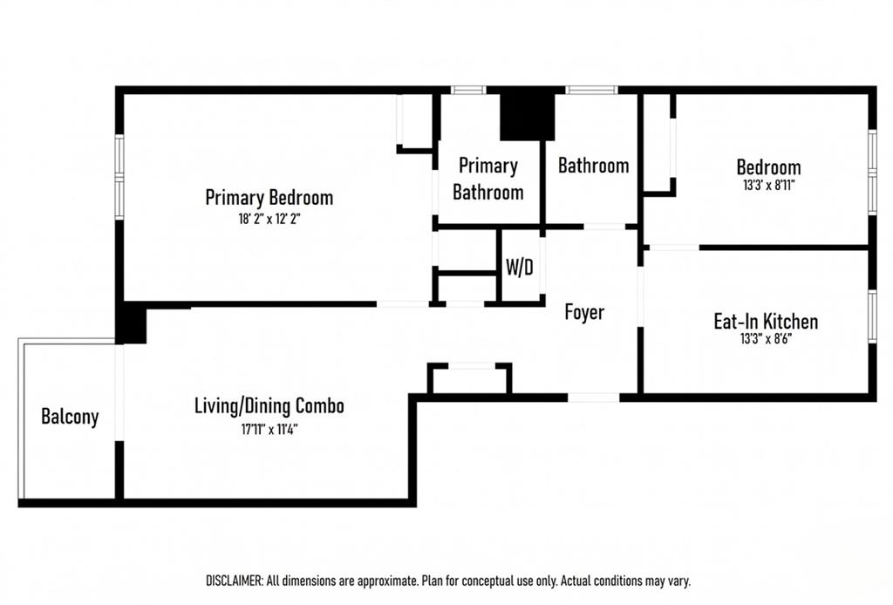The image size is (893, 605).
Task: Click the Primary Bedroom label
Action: point(269,198)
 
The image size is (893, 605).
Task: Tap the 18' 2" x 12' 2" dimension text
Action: point(269,219)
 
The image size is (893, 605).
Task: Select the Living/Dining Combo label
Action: point(269,405)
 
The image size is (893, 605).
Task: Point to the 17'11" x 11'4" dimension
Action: point(269,429)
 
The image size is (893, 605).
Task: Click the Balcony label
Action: point(70,417)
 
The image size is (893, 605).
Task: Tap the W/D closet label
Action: point(520,267)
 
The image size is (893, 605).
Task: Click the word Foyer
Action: point(584,312)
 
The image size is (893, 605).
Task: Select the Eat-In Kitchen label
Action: point(766,322)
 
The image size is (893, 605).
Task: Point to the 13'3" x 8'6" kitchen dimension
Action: point(766,339)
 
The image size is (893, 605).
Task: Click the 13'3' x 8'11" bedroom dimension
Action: point(769,185)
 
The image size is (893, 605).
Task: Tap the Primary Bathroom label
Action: point(488,179)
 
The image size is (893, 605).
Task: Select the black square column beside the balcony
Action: point(131,323)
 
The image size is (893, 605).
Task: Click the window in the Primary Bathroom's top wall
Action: point(468,90)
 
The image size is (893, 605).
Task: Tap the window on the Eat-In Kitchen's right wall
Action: point(872,316)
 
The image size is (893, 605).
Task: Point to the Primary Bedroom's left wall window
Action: point(119,177)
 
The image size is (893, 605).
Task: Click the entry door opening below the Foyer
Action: point(593,398)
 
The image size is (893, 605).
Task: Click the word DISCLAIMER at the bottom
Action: point(234,581)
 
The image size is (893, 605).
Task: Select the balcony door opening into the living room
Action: point(119,392)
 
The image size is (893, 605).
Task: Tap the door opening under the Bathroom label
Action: point(604,227)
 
